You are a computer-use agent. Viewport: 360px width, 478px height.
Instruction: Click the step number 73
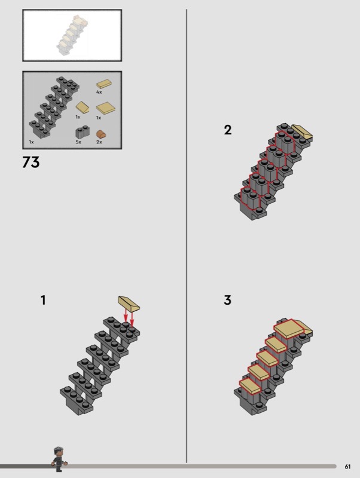pos(31,163)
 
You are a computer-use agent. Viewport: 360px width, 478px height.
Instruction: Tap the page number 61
pos(347,467)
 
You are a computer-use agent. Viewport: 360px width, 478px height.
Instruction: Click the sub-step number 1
pos(43,301)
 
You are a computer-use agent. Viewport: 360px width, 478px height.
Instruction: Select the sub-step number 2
pos(228,130)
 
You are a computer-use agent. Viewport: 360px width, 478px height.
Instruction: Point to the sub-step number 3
pos(228,300)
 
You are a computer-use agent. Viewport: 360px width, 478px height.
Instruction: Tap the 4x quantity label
pos(99,92)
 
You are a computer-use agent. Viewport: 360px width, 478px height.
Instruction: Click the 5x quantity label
pos(78,142)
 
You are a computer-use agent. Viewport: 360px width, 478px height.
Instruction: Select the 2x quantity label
pos(99,142)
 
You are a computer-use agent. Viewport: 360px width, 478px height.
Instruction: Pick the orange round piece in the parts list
pos(101,134)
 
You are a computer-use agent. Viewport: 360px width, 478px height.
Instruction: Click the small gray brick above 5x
pos(83,132)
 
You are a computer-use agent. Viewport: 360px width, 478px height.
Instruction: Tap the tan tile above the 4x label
pos(103,84)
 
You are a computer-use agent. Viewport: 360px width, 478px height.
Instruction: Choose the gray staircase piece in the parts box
pos(54,107)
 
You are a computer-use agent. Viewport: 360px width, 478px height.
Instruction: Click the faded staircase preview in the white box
pos(72,36)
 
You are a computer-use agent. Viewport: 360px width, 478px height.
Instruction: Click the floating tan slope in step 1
pos(129,304)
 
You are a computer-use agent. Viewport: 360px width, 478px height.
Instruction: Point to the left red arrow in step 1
pos(126,315)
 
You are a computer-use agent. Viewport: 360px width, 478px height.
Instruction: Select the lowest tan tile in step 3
pos(250,386)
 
